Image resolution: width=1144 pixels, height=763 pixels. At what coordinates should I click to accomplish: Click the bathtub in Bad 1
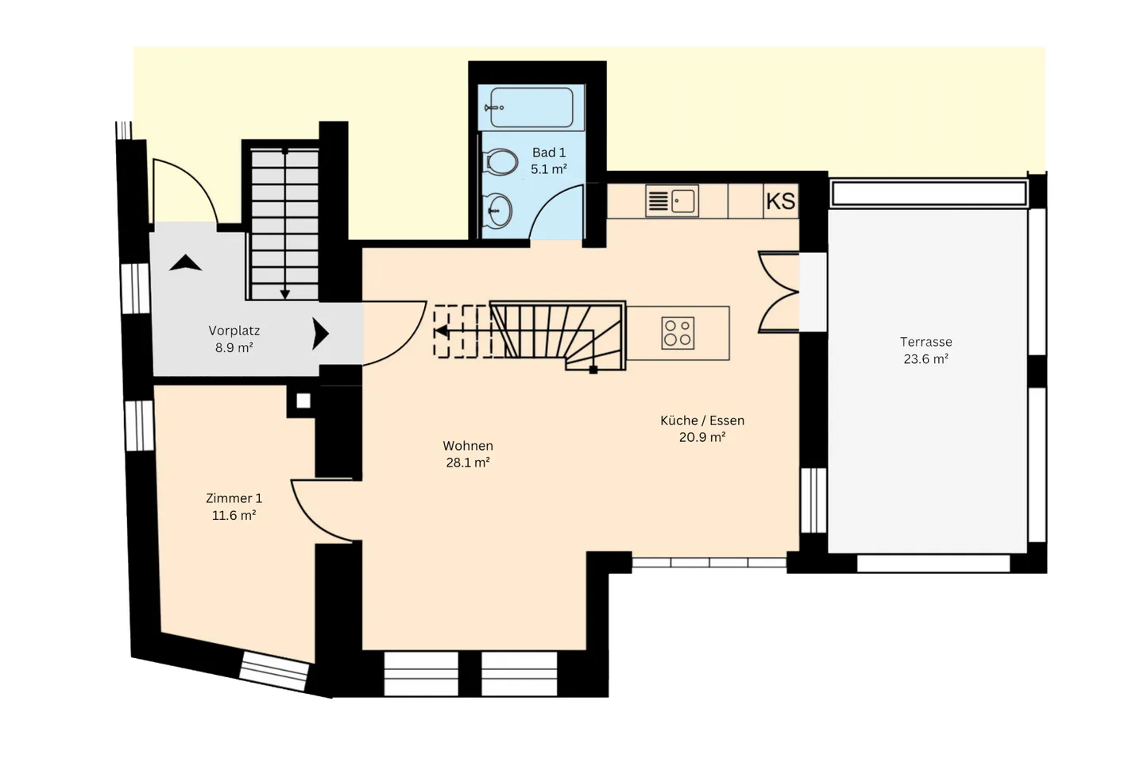click(531, 107)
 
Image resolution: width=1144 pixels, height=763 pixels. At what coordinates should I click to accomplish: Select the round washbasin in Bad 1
click(500, 211)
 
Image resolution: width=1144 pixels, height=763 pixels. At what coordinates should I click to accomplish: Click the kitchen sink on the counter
click(683, 200)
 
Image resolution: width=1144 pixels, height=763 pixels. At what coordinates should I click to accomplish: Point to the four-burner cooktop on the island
click(678, 334)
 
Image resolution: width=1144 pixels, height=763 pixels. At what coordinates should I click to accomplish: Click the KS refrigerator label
click(780, 201)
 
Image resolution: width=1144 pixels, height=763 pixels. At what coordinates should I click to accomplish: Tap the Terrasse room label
click(926, 342)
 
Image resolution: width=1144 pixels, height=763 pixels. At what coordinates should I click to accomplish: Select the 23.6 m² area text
click(926, 359)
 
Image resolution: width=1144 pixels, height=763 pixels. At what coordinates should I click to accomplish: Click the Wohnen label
click(468, 446)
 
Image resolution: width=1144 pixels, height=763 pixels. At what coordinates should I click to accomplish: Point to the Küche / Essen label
click(702, 420)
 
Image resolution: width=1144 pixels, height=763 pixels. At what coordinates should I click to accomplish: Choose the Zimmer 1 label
click(234, 498)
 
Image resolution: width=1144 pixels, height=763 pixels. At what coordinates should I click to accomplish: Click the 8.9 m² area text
click(234, 348)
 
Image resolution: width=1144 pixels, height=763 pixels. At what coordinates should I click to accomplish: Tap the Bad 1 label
click(549, 153)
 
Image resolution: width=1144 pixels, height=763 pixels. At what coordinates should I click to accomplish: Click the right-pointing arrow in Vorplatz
click(320, 334)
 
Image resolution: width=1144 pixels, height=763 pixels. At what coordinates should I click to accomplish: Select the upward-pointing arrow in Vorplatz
click(185, 263)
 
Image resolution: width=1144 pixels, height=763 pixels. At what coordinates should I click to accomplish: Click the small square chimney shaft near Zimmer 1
click(303, 401)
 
